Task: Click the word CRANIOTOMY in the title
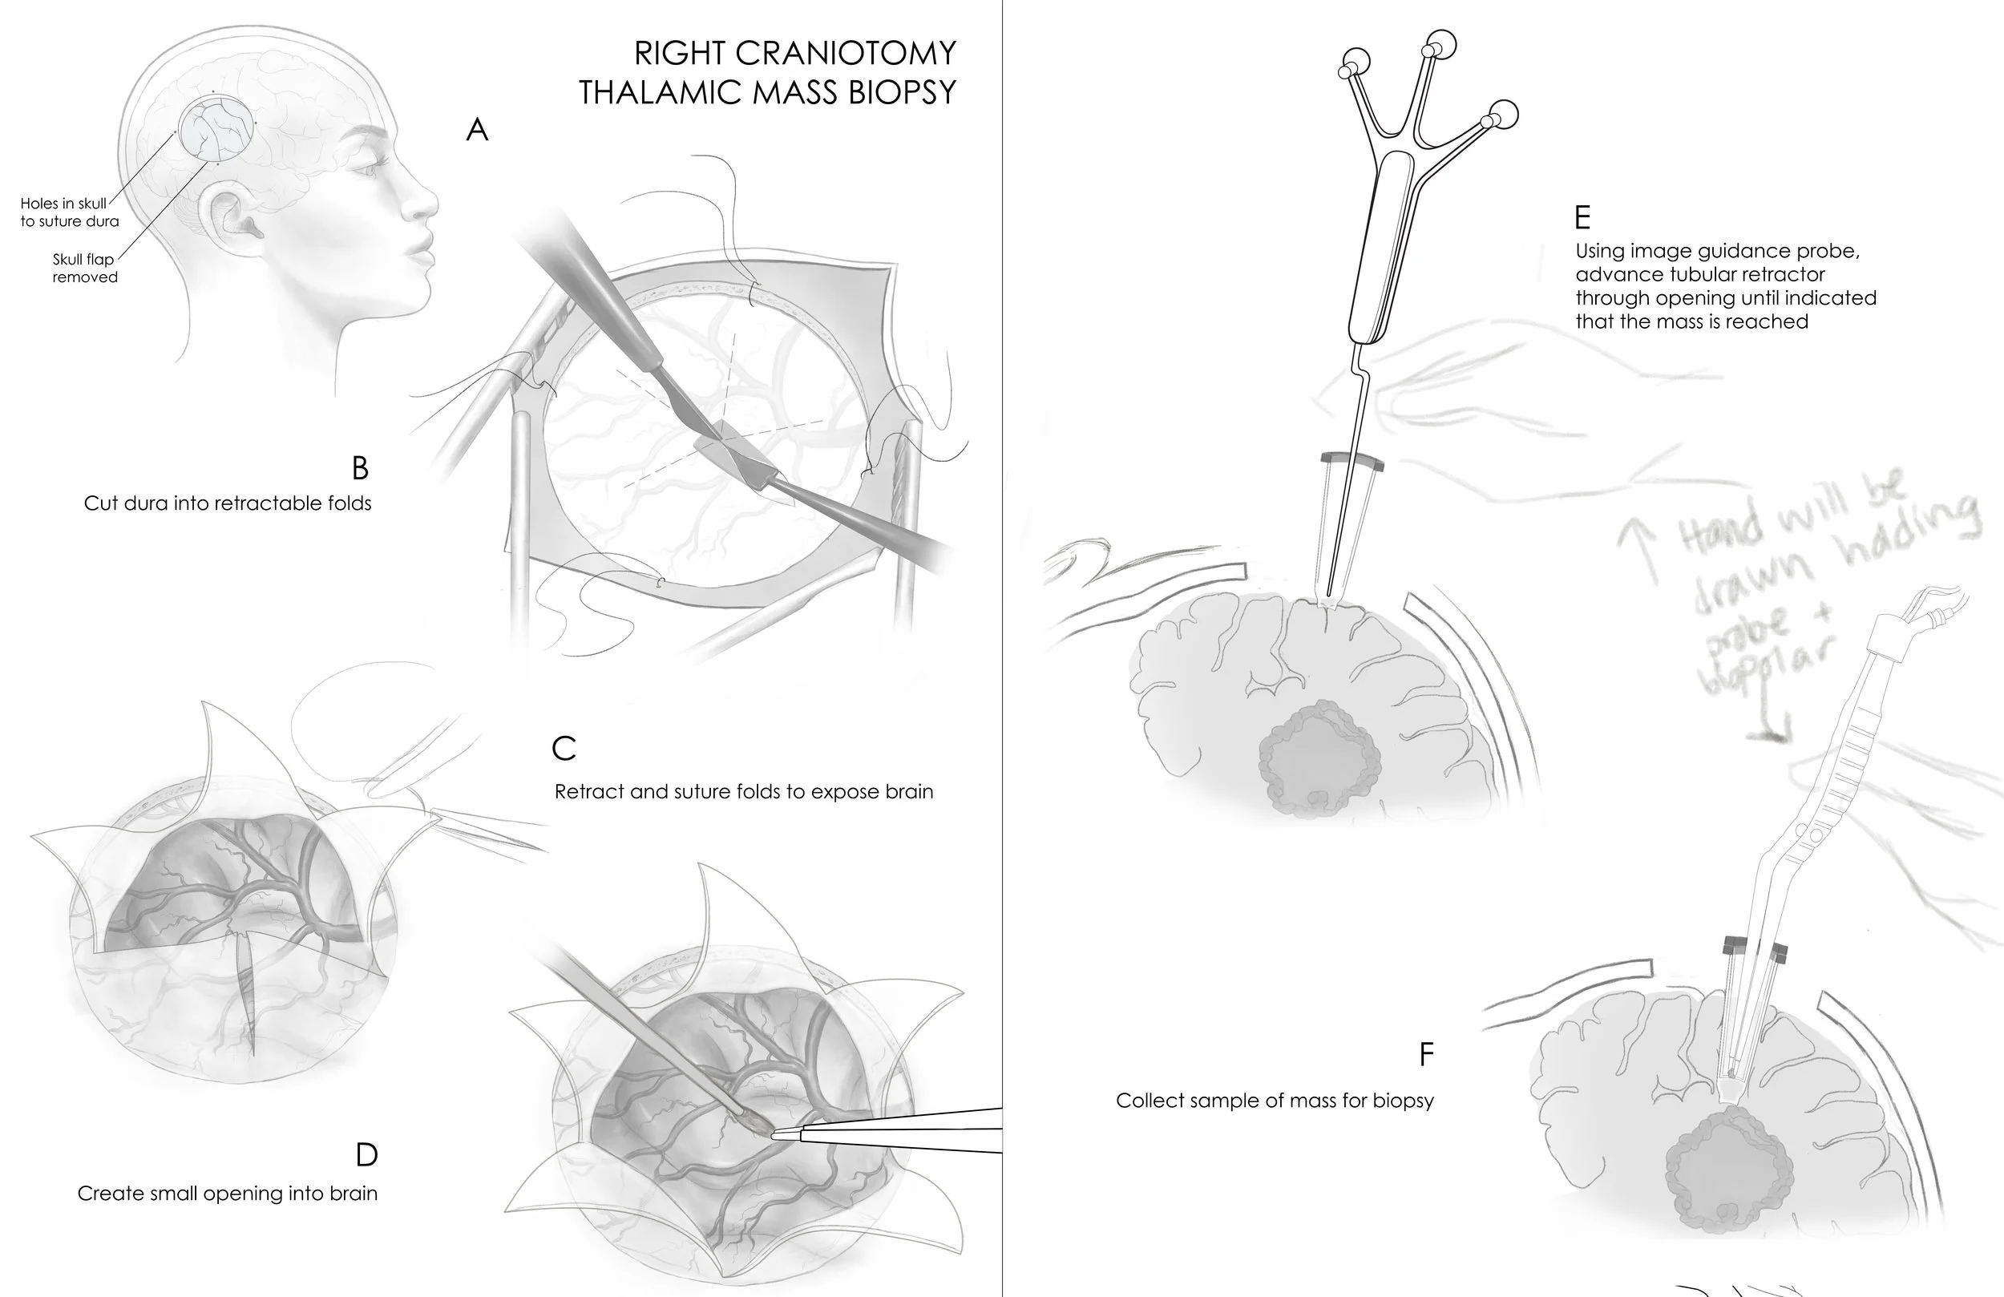point(846,53)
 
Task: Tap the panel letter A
point(478,130)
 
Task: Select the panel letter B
point(360,467)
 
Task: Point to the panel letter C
point(564,748)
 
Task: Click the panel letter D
point(366,1154)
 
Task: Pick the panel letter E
point(1582,218)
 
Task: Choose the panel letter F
point(1425,1054)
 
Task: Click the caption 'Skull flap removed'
point(84,268)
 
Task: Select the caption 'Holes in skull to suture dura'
point(69,212)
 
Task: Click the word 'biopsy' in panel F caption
point(1403,1101)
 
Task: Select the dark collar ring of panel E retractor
point(1352,460)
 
